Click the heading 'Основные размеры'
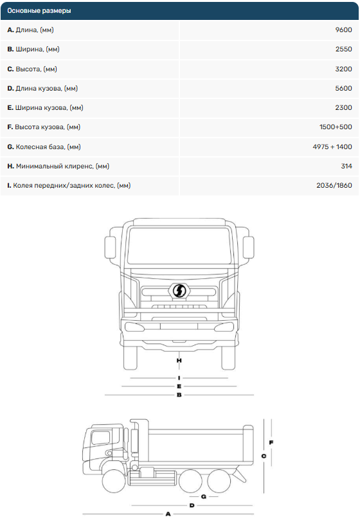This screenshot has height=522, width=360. (x=39, y=11)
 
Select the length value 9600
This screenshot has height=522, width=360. (x=343, y=30)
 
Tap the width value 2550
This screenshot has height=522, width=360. (x=344, y=50)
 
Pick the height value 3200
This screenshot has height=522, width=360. (x=344, y=69)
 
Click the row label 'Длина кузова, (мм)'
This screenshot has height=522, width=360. (x=46, y=89)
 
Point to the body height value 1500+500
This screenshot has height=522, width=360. (x=336, y=127)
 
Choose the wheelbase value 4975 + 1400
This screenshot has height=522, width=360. (x=332, y=147)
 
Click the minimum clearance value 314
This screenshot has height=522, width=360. (x=346, y=166)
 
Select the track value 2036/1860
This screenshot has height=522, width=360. (x=334, y=185)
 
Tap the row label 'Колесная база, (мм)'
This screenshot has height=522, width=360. (x=48, y=147)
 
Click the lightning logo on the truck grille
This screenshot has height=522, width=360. (x=179, y=291)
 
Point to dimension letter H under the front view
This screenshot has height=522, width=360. (x=179, y=361)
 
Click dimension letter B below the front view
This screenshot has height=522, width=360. (x=179, y=395)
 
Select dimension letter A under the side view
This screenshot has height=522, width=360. (x=168, y=514)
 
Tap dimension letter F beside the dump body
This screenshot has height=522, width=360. (x=271, y=442)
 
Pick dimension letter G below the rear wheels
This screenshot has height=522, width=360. (x=204, y=497)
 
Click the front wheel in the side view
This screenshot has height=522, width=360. (x=114, y=481)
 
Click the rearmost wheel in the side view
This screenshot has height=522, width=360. (x=219, y=481)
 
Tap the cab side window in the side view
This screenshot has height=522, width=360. (x=100, y=437)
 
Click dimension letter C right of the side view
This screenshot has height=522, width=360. (x=264, y=456)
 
